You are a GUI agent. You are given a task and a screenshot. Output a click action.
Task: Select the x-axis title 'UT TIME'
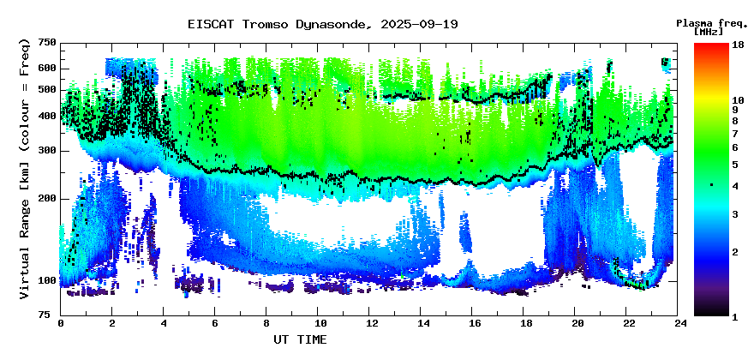pos(300,339)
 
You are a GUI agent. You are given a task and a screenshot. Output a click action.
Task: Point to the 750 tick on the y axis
pos(46,42)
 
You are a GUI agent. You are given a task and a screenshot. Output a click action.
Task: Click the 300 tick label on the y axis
pos(46,152)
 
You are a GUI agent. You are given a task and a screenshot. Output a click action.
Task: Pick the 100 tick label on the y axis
pos(46,281)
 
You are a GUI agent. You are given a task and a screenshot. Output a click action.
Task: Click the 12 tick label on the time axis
pos(371,324)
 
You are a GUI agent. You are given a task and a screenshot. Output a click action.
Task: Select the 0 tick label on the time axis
pos(61,324)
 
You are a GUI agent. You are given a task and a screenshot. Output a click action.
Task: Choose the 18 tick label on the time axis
pos(526,324)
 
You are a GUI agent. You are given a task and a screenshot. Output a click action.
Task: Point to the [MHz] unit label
pos(709,32)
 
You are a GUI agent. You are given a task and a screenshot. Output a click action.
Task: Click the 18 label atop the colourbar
pos(737,45)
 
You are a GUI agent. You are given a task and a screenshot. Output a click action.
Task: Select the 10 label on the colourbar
pos(737,99)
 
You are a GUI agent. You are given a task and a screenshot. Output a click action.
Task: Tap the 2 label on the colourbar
pos(735,251)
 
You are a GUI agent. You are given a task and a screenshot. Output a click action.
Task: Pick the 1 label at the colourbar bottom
pos(735,317)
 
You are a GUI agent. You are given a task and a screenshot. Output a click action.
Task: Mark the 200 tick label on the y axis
pos(46,199)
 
